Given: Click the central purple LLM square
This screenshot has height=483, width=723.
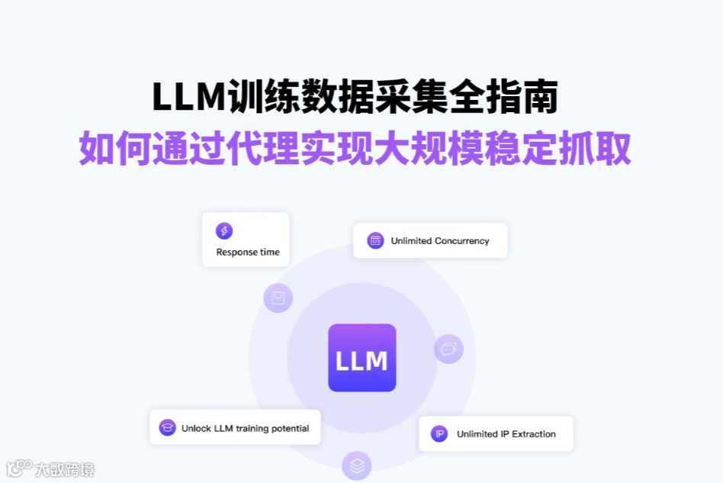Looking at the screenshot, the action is coord(361,358).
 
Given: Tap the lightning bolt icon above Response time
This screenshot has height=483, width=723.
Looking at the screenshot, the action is coord(224,231).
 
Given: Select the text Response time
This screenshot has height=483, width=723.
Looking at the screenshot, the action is coord(248,253).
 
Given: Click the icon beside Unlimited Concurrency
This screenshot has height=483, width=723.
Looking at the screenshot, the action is coord(374,240).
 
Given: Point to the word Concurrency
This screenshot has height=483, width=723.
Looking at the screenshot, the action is coord(461,241).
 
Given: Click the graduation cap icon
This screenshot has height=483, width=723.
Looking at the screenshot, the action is coord(167,428).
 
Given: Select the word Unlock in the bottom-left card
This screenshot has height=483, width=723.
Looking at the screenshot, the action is coord(196,429).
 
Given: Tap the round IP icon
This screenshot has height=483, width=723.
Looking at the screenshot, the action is coord(439,433).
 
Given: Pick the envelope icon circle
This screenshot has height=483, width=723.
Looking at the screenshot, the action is coord(278,298).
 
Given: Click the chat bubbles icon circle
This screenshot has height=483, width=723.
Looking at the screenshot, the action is coord(448,349).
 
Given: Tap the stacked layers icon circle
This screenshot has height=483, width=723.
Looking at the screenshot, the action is coord(356,465).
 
